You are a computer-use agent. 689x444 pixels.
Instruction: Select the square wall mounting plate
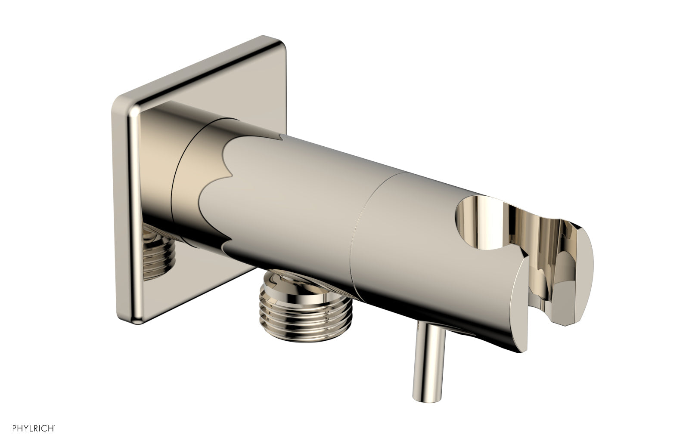tap(129, 172)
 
